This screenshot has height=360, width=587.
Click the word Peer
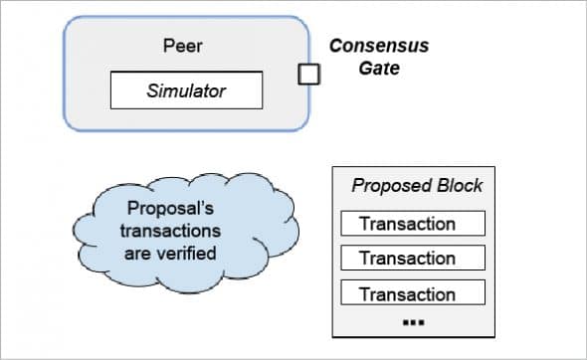183,46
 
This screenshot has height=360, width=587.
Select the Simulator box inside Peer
186,91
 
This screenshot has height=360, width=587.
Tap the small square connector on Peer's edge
309,74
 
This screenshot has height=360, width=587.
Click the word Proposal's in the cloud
171,210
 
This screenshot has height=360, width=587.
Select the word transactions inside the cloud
171,231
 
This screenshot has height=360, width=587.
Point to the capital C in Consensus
336,47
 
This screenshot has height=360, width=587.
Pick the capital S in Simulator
152,91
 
